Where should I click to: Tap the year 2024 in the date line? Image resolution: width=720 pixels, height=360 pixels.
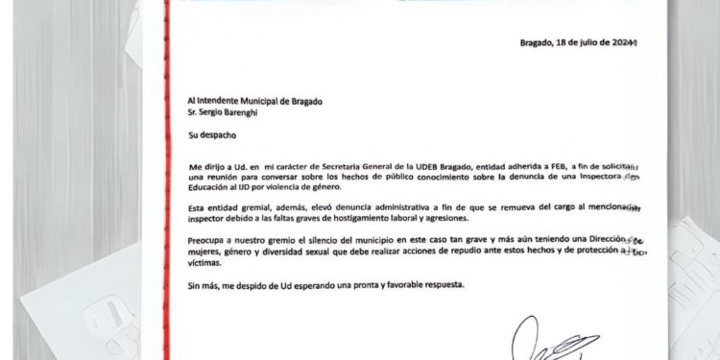point(623,42)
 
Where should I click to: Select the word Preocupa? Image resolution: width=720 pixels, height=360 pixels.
point(210,240)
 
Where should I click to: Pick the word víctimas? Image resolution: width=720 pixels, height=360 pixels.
point(206,262)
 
